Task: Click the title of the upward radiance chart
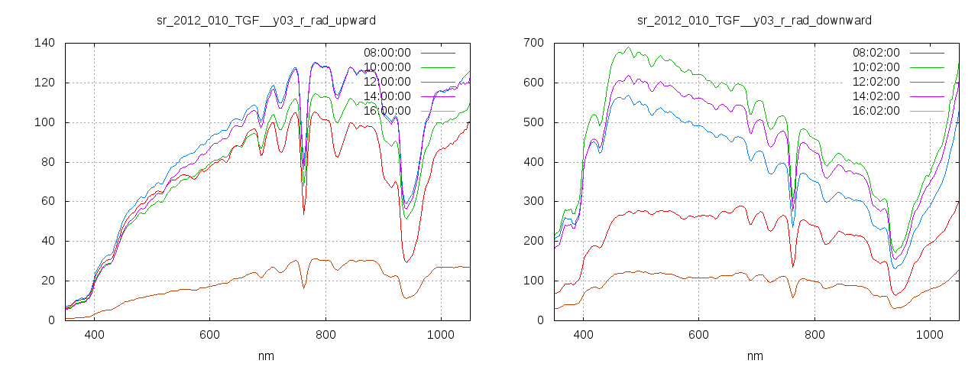265,20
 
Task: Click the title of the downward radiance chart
754,20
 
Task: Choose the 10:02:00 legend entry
876,67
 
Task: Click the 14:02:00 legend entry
876,96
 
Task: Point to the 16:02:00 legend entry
876,111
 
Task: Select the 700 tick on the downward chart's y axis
533,43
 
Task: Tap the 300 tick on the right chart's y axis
533,202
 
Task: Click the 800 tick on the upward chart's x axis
325,334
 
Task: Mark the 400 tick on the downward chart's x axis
583,334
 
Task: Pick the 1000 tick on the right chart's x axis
929,334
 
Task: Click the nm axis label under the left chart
265,356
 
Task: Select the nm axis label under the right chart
754,356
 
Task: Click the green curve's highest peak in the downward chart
628,47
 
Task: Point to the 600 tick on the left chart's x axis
210,334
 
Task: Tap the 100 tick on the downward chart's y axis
533,281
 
